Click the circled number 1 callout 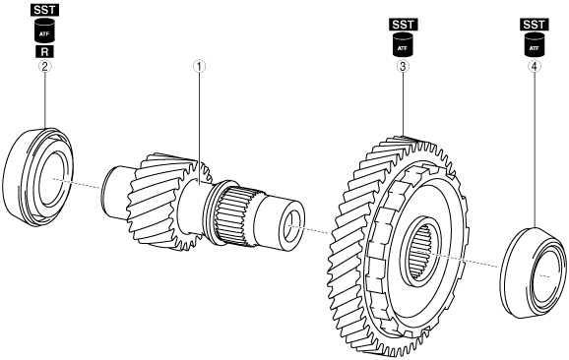click(x=199, y=66)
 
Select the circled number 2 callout click(x=44, y=66)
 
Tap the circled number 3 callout click(x=403, y=66)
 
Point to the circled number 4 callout click(x=535, y=66)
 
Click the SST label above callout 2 click(x=44, y=10)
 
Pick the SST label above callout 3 click(x=404, y=25)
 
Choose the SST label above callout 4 click(x=535, y=25)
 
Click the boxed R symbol click(x=44, y=51)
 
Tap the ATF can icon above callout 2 click(x=44, y=30)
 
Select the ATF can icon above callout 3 click(x=403, y=44)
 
